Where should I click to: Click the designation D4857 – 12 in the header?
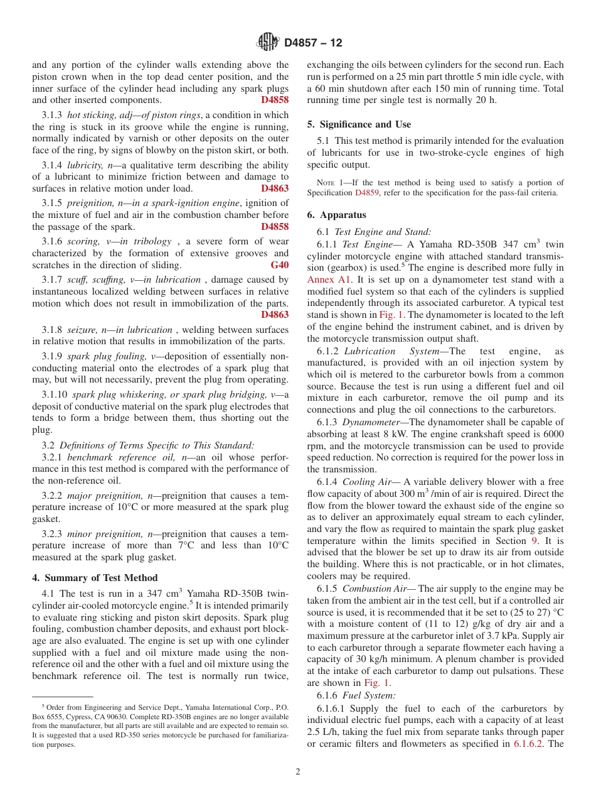tap(313, 43)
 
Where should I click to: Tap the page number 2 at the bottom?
tap(298, 772)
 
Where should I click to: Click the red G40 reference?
tap(280, 265)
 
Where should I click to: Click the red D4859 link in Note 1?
tap(366, 193)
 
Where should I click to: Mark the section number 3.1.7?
tap(52, 280)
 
